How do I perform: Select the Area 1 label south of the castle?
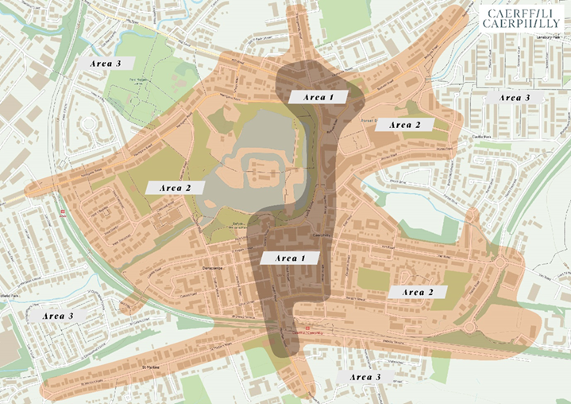[x=289, y=258]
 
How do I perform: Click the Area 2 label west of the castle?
[x=175, y=188]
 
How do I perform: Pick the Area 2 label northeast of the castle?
[x=405, y=124]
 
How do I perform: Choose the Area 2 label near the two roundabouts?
[x=419, y=293]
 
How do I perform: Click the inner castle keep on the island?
[x=262, y=171]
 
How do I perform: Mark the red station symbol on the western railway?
[x=63, y=212]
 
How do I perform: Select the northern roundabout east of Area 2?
[x=501, y=258]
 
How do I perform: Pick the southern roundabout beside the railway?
[x=469, y=326]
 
